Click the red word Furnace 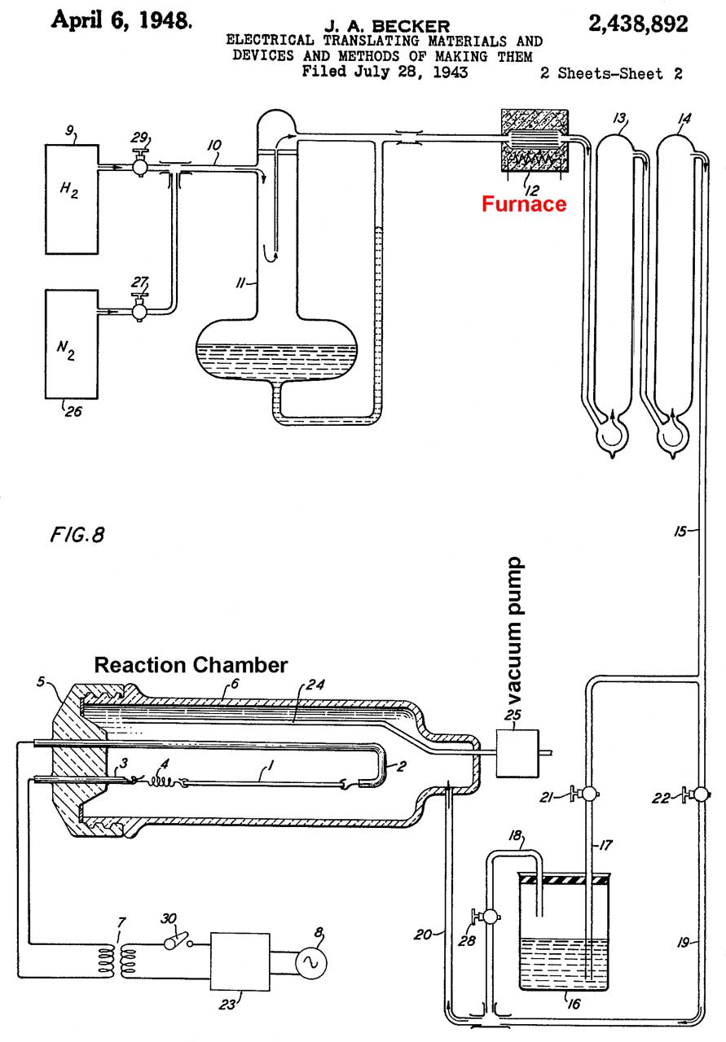click(524, 204)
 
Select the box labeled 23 click(241, 962)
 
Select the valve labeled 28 click(486, 916)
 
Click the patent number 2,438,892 click(638, 25)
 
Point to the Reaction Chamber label click(191, 664)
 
